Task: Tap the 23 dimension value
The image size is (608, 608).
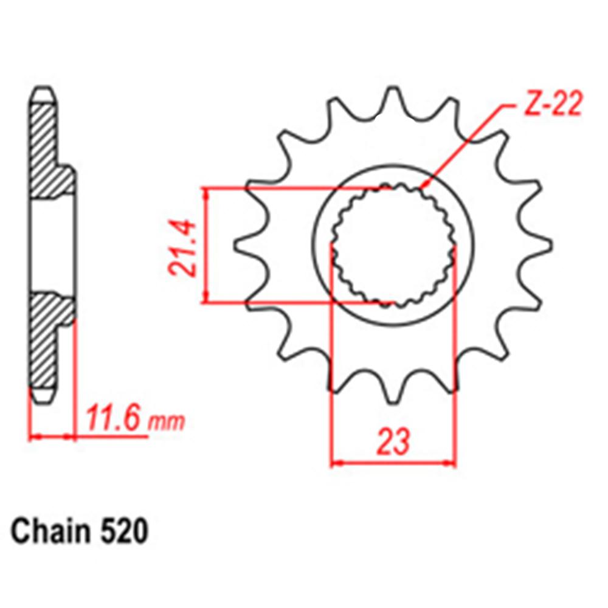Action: (392, 443)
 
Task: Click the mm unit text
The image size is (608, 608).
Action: (166, 421)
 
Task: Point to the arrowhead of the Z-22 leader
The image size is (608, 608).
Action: (427, 183)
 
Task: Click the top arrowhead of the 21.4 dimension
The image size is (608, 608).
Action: (207, 193)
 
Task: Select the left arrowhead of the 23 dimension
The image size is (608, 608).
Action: (336, 463)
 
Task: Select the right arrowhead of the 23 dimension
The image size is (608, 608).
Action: (451, 463)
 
